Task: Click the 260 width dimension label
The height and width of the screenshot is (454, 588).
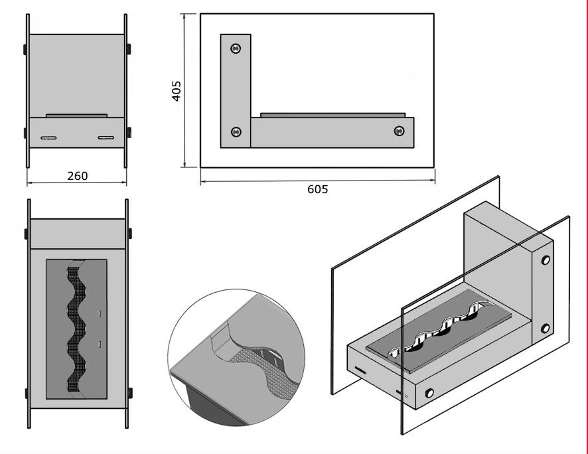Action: (x=77, y=176)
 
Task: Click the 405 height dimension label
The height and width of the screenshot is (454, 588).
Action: (x=176, y=90)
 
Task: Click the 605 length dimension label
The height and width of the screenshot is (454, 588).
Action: (x=317, y=189)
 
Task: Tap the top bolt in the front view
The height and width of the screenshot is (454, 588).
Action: (x=236, y=48)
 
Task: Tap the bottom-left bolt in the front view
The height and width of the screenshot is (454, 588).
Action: (x=236, y=133)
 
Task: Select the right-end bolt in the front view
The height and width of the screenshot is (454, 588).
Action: (x=399, y=131)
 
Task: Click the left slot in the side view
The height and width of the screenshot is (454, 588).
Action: (x=50, y=138)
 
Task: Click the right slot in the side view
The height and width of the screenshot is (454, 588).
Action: (x=106, y=138)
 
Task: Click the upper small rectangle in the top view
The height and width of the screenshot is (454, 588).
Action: (x=100, y=312)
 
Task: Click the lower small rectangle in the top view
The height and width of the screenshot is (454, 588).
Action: (x=100, y=344)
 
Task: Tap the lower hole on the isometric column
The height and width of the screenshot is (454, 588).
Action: (x=546, y=329)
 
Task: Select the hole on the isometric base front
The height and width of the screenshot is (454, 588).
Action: (x=429, y=393)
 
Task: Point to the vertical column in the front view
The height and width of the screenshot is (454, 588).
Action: (x=236, y=90)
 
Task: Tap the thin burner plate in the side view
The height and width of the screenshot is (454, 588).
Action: (x=76, y=115)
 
